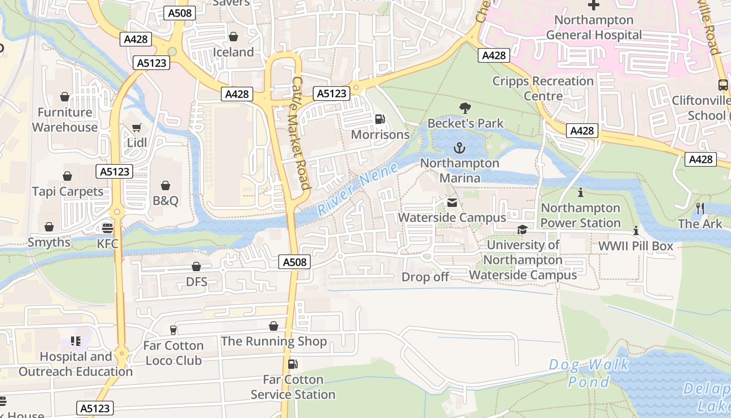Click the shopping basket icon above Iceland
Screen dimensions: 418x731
pyautogui.click(x=233, y=37)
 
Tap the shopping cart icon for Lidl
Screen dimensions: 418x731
pyautogui.click(x=137, y=127)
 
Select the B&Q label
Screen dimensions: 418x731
pyautogui.click(x=166, y=201)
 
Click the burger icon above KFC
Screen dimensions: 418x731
pyautogui.click(x=108, y=228)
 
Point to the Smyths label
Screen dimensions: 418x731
pyautogui.click(x=49, y=242)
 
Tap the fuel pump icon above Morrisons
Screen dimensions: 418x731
pyautogui.click(x=380, y=119)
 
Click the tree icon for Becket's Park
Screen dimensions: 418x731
pyautogui.click(x=465, y=108)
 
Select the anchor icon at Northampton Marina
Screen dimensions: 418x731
pyautogui.click(x=459, y=148)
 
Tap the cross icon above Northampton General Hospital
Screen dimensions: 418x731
pyautogui.click(x=594, y=5)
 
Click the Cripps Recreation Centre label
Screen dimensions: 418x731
pyautogui.click(x=543, y=88)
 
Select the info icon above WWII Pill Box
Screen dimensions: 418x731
pyautogui.click(x=635, y=230)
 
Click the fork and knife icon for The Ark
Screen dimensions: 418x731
pyautogui.click(x=700, y=208)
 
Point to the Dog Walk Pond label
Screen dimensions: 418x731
pyautogui.click(x=589, y=373)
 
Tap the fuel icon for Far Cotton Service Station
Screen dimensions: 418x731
pyautogui.click(x=293, y=364)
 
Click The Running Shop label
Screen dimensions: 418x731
pyautogui.click(x=274, y=342)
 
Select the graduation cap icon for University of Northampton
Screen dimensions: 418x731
pyautogui.click(x=522, y=230)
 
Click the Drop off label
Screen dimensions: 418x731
pyautogui.click(x=425, y=277)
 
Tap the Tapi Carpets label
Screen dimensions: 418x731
pyautogui.click(x=68, y=192)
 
